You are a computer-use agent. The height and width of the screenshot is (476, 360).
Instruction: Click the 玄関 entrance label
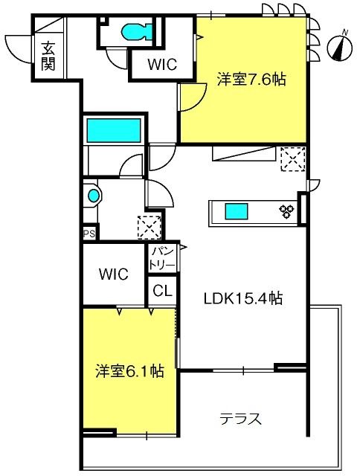pos(48,57)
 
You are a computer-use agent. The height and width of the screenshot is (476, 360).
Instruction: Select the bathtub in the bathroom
pos(114,131)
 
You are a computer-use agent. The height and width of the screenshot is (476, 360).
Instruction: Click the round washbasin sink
pos(94,196)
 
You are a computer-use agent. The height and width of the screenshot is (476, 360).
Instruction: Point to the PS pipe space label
pos(89,234)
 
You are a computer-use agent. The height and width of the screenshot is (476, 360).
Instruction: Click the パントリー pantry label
pos(164,259)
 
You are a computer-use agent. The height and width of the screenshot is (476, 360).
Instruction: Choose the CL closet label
pos(162,291)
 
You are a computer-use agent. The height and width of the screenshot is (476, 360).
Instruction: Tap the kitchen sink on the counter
pos(236,211)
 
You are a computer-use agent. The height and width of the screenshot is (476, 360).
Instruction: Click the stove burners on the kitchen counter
pos(287,211)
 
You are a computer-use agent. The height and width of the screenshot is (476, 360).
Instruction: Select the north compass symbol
pos(340,47)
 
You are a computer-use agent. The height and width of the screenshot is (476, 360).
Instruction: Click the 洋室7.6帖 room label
pos(251,80)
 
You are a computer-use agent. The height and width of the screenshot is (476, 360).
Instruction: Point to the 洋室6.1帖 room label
pos(130,371)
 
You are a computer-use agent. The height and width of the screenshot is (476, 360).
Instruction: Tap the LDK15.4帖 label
pos(243,298)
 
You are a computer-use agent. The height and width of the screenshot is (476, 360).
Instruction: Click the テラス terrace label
pos(240,419)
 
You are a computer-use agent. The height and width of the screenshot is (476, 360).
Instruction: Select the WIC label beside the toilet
pos(162,64)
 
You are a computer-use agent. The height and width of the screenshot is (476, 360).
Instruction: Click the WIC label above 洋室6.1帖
pos(114,274)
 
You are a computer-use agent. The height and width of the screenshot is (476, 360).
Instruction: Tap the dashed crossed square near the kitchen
pos(293,159)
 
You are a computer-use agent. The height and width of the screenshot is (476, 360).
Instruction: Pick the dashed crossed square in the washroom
pos(149,228)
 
